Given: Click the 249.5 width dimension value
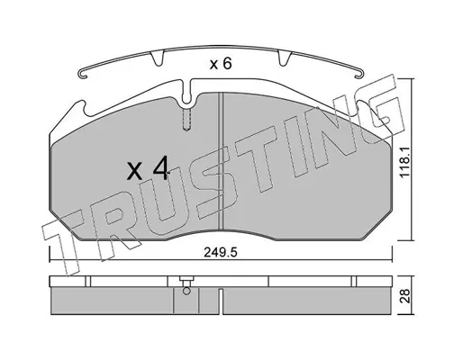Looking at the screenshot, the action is pos(221,253).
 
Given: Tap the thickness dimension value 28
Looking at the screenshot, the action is pos(405,296).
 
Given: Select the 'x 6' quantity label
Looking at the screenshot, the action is pos(221,64).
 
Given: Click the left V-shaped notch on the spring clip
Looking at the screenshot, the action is pos(157,58).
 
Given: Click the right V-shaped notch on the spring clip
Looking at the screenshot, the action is pos(285,58).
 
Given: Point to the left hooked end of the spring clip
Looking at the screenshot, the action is pos(82,75).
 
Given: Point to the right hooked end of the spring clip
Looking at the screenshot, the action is pos(359,74).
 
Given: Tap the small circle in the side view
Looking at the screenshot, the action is pos(186,291).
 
